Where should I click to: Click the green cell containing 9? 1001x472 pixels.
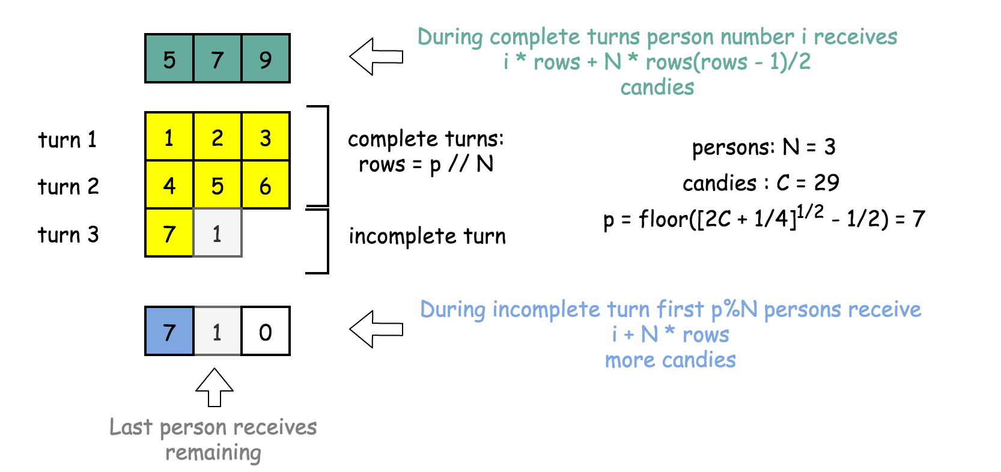coord(266,59)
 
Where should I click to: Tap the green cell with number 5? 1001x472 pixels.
coord(169,59)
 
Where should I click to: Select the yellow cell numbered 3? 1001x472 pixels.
coord(266,137)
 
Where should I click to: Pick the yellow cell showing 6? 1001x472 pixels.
coord(266,185)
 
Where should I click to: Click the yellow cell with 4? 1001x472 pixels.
coord(169,185)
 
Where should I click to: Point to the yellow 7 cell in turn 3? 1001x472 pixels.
coord(169,233)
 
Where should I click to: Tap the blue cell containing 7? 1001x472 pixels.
coord(169,331)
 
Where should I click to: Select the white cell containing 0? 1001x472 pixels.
coord(266,331)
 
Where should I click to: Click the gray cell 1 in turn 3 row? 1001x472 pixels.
coord(218,233)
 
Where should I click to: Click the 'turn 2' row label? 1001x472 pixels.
coord(68,187)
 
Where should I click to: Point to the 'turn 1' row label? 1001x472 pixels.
coord(67,140)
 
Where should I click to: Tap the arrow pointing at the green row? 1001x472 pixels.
coord(376,56)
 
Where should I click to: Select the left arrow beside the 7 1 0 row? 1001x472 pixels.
coord(376,328)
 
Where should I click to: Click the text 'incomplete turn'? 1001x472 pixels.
coord(427,236)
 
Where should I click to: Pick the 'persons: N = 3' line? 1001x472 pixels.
coord(763,147)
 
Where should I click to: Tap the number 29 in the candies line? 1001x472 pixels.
coord(826,183)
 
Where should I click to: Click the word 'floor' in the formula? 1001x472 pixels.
coord(663,219)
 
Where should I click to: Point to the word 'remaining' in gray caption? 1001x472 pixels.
coord(213,453)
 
